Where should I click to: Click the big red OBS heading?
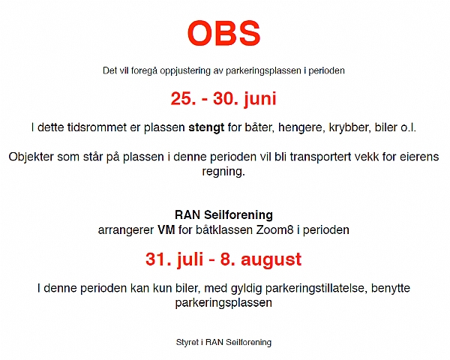223,33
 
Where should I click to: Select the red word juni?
260,99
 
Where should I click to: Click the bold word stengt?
206,127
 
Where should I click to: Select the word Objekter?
31,157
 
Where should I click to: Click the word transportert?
320,157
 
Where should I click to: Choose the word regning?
223,172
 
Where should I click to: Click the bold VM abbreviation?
166,230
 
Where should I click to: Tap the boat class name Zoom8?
274,230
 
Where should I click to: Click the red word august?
271,260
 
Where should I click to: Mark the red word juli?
190,259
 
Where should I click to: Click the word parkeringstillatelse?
316,289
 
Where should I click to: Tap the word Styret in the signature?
187,343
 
